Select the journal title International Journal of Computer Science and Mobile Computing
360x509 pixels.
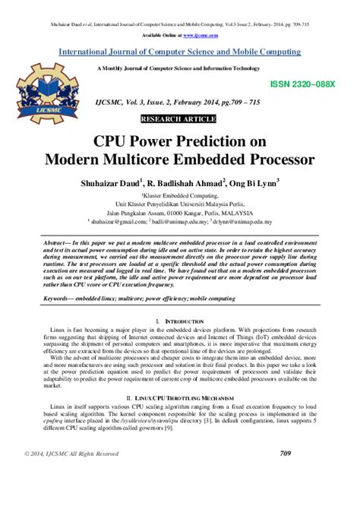(180, 52)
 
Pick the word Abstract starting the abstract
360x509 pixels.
(44, 240)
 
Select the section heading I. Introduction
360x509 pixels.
(180, 322)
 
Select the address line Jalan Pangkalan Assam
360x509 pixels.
(180, 213)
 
